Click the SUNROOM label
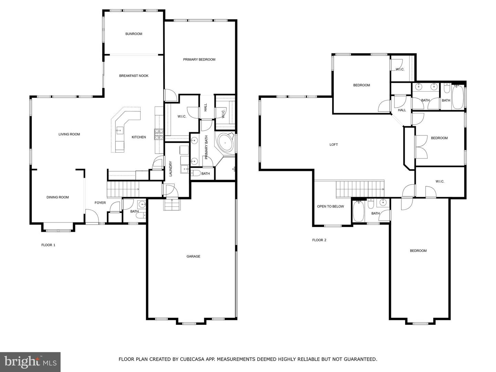coord(134,34)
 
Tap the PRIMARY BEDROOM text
coord(199,60)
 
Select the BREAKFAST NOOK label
coord(134,76)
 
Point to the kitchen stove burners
coord(159,134)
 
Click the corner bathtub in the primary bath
coord(225,143)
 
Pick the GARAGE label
coord(193,256)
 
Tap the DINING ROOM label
coord(58,197)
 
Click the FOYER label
coord(100,203)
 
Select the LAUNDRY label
coord(170,169)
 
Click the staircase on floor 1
coord(123,189)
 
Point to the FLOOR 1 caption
coord(48,245)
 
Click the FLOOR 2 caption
coord(319,240)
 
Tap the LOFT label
coord(333,145)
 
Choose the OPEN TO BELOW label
coord(330,206)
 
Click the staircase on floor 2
coord(360,189)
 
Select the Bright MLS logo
coord(30,362)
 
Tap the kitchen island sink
coord(120,130)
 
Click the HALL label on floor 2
coord(402,110)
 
